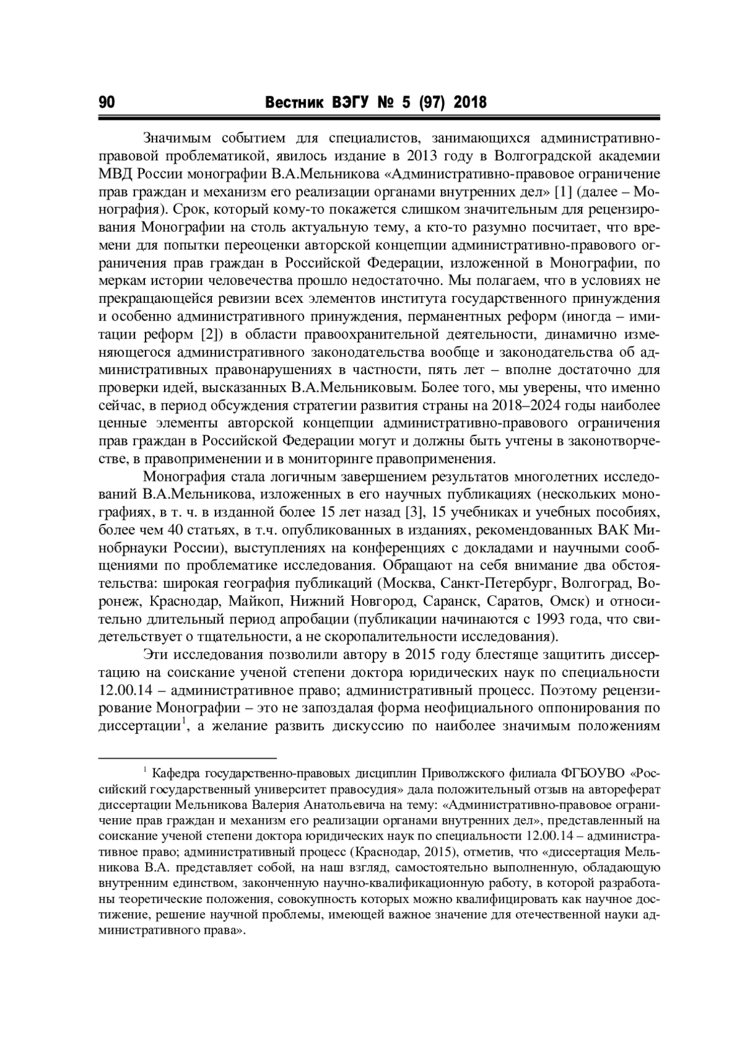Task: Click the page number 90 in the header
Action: click(106, 103)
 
